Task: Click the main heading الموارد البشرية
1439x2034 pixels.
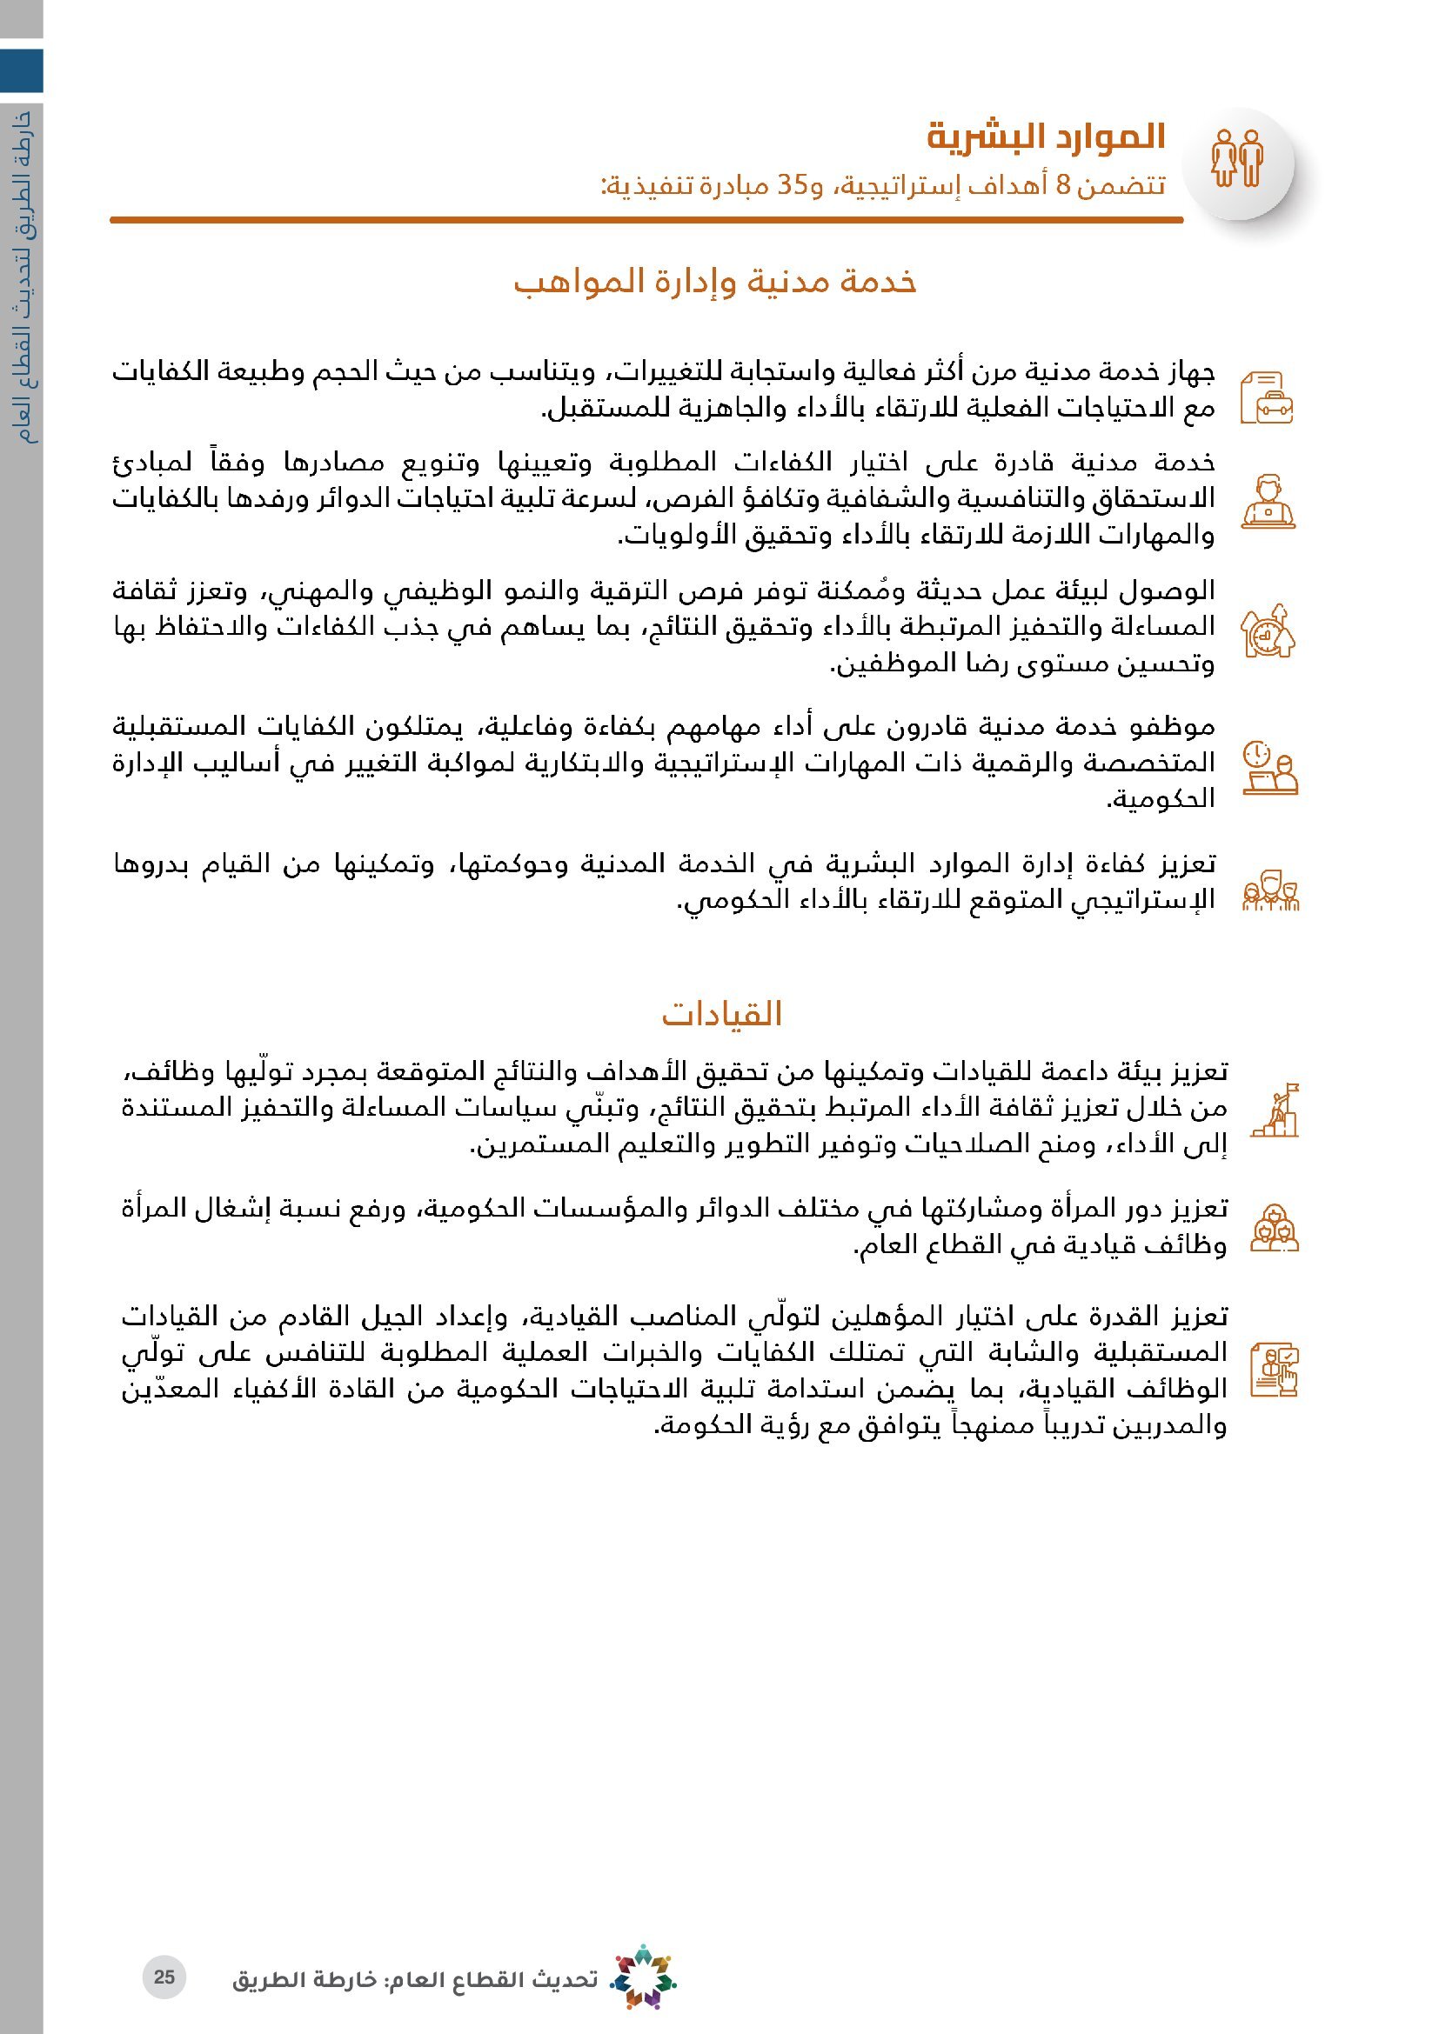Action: click(x=1046, y=137)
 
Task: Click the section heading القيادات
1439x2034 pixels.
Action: click(x=721, y=1013)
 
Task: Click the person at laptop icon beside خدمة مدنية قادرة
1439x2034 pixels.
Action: click(x=1268, y=503)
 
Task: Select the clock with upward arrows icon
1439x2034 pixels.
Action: click(x=1268, y=630)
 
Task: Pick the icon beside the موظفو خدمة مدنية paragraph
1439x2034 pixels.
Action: click(x=1269, y=767)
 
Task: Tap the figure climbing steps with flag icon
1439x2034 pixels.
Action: click(x=1275, y=1110)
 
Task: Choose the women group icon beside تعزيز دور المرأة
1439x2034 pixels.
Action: click(x=1275, y=1227)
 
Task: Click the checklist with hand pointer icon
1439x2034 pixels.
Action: click(x=1275, y=1370)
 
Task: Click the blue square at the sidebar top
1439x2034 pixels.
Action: click(x=21, y=70)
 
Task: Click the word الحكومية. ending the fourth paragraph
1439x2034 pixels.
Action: click(x=1160, y=799)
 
